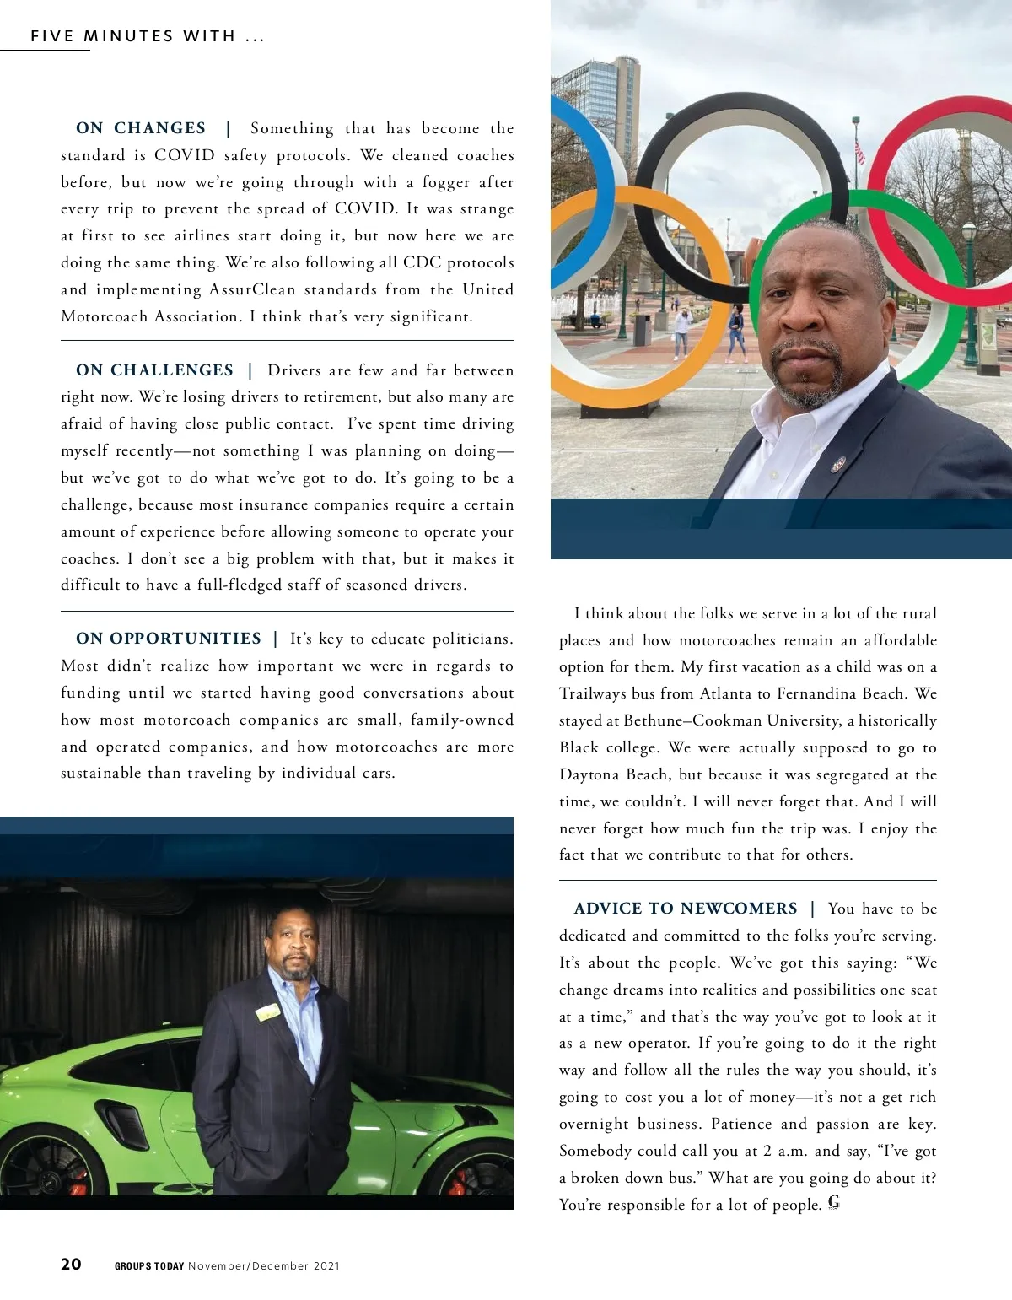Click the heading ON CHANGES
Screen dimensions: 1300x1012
(x=141, y=128)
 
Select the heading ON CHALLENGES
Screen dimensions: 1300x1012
(x=154, y=370)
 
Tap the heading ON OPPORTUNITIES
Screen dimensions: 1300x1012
(x=169, y=639)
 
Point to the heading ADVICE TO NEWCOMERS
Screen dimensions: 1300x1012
(x=686, y=909)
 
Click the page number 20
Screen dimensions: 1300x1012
(x=71, y=1264)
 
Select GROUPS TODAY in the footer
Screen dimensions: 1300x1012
(x=149, y=1265)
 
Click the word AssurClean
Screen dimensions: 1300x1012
(x=252, y=289)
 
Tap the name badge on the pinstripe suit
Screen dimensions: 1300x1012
(x=269, y=1011)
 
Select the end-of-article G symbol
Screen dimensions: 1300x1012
(x=834, y=1202)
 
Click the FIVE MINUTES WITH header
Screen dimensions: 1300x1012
(x=148, y=36)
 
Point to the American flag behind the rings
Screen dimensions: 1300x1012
(x=860, y=152)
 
